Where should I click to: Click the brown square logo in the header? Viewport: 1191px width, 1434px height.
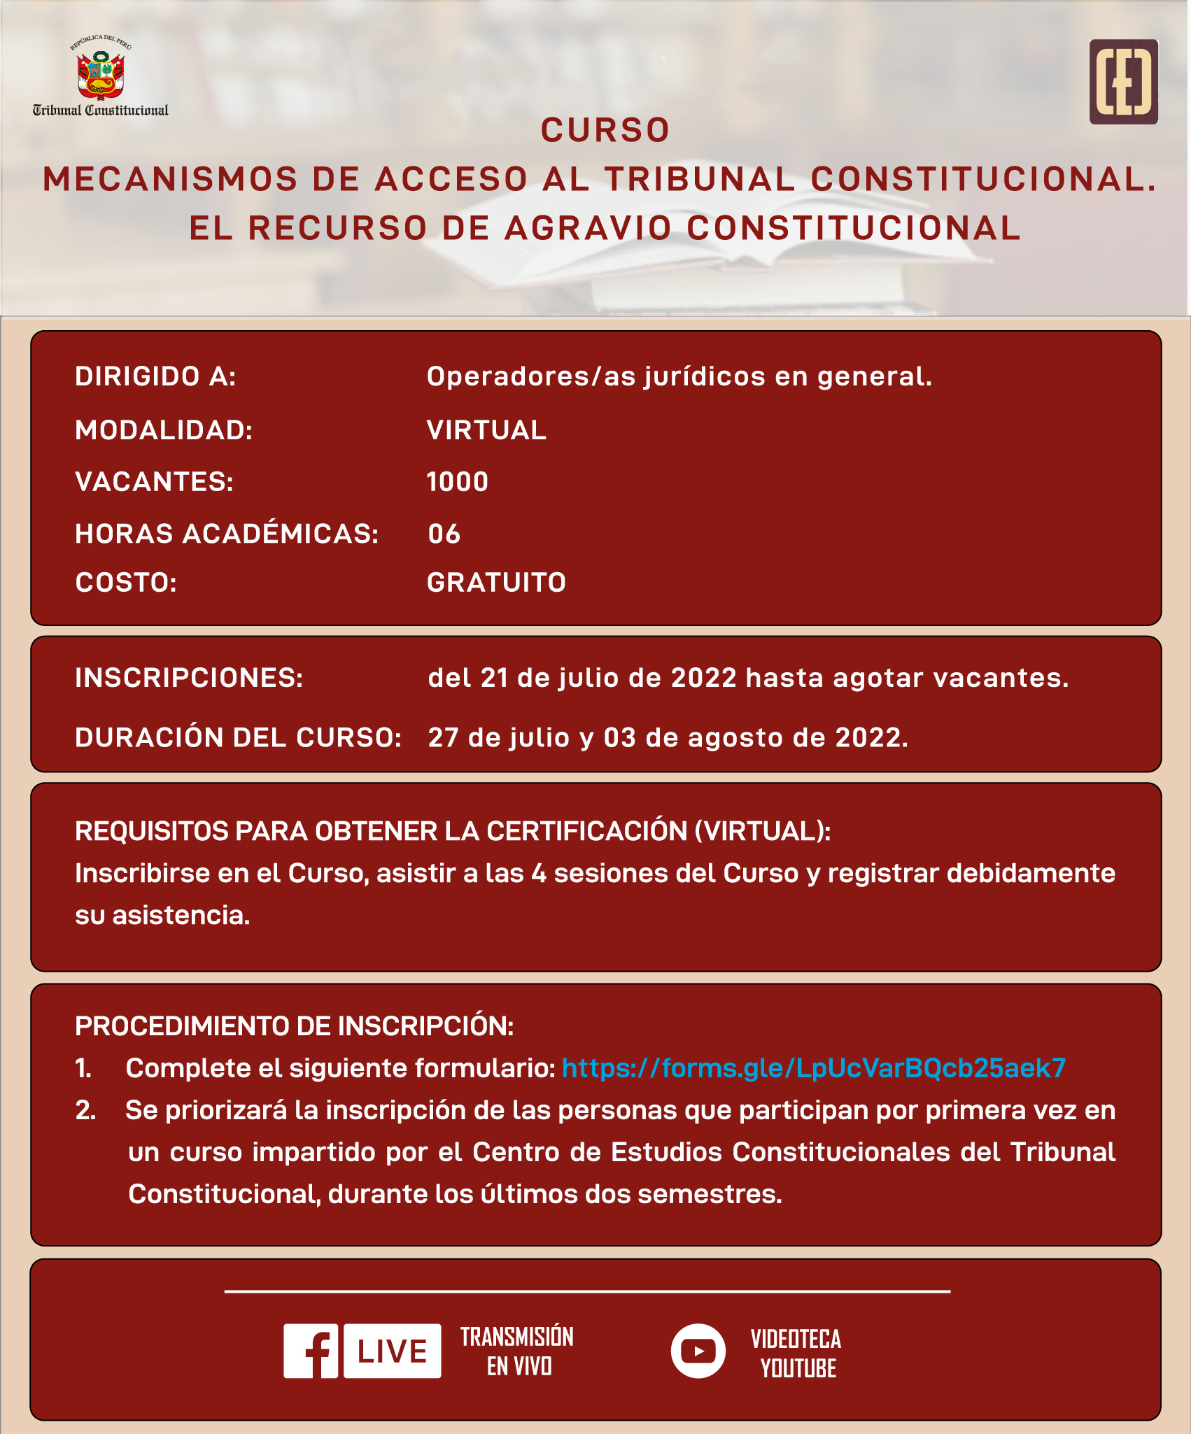1123,82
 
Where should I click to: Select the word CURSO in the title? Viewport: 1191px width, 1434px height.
605,130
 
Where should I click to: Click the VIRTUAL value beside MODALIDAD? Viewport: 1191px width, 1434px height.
486,430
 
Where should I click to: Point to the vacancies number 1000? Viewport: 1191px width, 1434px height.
458,482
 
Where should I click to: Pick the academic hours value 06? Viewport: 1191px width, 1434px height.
444,534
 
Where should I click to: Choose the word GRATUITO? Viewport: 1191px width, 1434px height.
496,583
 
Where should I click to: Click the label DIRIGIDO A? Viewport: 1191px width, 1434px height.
155,376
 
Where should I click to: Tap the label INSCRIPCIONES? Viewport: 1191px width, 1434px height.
189,678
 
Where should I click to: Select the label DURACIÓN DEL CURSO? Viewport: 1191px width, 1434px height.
238,737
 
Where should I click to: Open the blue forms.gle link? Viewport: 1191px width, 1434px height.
814,1068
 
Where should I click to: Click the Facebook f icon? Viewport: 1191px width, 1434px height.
311,1351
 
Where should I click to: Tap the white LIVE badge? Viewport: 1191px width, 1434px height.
393,1351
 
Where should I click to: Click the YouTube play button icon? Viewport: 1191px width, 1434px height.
698,1351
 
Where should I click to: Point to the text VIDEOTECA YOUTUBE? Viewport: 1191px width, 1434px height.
796,1354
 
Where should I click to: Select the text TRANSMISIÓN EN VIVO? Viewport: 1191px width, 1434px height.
517,1351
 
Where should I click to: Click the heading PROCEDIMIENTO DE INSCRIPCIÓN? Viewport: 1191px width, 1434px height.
294,1026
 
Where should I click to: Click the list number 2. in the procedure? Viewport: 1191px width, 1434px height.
85,1110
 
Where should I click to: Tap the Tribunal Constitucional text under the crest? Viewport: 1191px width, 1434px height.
101,111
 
